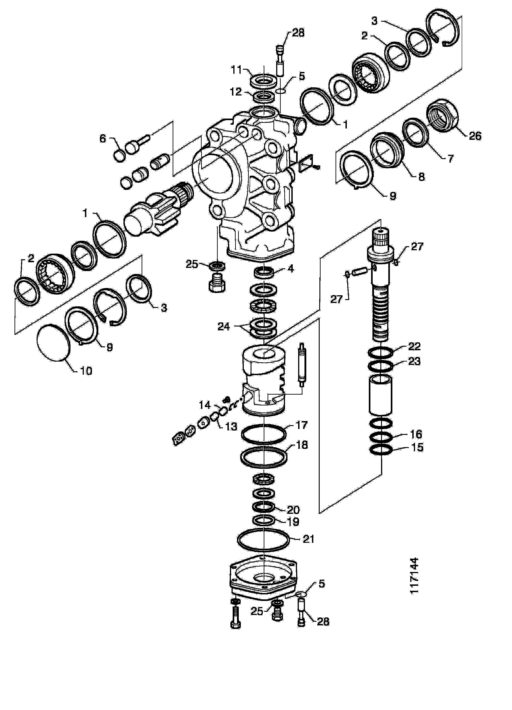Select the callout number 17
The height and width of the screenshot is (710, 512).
(x=301, y=425)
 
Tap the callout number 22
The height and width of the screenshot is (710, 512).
(x=414, y=347)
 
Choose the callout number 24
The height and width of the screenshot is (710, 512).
(x=224, y=327)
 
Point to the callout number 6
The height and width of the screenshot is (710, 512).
(x=103, y=138)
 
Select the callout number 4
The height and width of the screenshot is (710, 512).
(x=291, y=269)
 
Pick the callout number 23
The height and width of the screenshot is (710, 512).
(x=414, y=361)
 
